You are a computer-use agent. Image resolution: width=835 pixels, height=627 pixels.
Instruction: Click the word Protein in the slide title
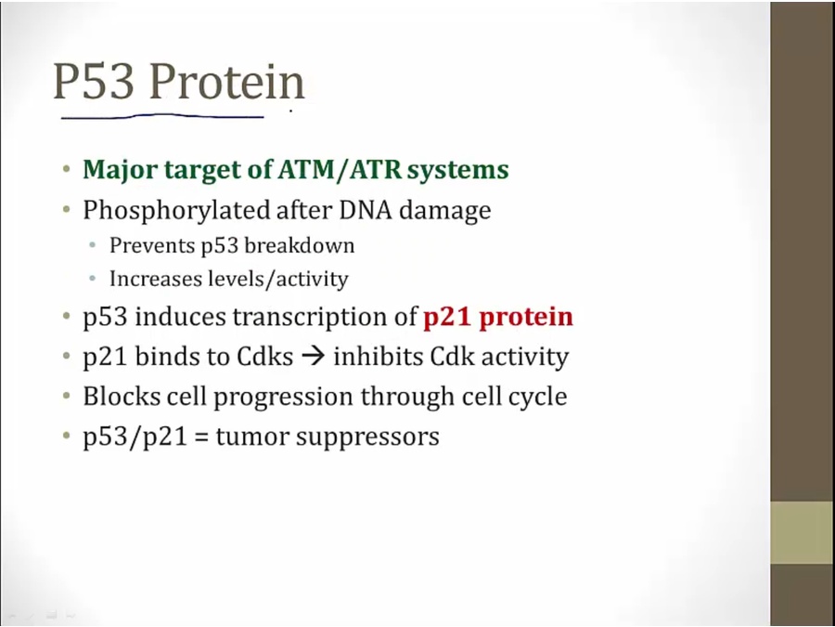(x=227, y=82)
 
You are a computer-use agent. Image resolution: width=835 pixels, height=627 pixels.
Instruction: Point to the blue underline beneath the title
(x=162, y=116)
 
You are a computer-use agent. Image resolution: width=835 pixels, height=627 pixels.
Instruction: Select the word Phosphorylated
(x=175, y=211)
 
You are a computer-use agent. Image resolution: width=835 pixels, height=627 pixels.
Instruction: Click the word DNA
(x=366, y=210)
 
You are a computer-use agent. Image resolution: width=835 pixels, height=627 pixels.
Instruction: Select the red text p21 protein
(x=498, y=317)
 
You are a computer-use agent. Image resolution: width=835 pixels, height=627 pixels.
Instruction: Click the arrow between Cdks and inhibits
(x=313, y=357)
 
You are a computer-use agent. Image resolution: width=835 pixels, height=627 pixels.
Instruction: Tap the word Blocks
(x=122, y=396)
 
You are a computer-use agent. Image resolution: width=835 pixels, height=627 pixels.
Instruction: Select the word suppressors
(x=367, y=438)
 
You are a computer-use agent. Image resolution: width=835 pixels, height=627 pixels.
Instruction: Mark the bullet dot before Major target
(x=66, y=170)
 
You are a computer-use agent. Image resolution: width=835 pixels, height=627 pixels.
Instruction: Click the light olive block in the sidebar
(x=803, y=532)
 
